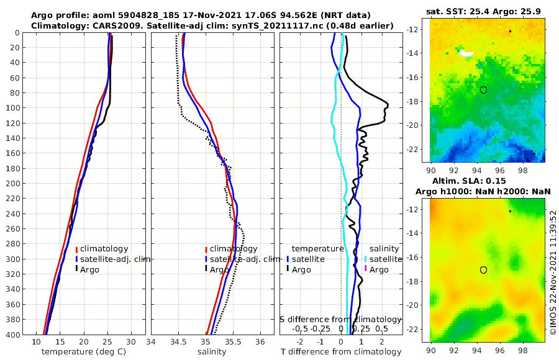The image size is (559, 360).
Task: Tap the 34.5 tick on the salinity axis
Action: click(178, 342)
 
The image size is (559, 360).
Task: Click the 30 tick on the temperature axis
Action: click(131, 342)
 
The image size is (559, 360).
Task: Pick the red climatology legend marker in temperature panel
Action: click(76, 250)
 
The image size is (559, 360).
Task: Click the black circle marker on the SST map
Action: click(483, 90)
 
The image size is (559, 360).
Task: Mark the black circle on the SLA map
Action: click(483, 269)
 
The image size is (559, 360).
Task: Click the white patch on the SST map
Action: click(466, 53)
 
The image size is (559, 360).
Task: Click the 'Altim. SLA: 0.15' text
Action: click(484, 181)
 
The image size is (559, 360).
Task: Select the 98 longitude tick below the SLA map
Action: click(526, 349)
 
